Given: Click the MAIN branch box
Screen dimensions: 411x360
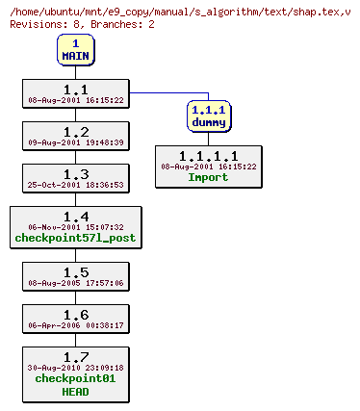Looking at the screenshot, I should click(x=75, y=49).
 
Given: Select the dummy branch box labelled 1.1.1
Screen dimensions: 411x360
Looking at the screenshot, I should click(x=208, y=115).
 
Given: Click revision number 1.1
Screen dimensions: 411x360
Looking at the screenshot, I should click(x=75, y=89).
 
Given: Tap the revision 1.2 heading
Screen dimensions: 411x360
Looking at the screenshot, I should click(x=75, y=131).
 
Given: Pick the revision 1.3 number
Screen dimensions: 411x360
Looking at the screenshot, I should click(x=75, y=173).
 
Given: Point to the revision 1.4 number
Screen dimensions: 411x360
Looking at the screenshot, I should click(x=75, y=216).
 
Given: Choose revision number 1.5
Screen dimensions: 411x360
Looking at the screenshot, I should click(x=75, y=271).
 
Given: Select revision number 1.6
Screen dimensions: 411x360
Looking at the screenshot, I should click(x=75, y=314).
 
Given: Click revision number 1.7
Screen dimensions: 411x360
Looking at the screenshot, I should click(x=75, y=356).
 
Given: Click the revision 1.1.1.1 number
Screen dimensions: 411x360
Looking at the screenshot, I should click(x=208, y=156).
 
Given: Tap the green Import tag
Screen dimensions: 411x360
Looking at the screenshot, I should click(x=208, y=177).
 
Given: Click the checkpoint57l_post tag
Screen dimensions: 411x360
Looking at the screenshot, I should click(x=75, y=238).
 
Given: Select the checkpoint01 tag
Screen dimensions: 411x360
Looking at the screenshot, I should click(x=75, y=378).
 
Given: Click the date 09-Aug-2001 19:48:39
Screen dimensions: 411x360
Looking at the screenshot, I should click(x=75, y=142).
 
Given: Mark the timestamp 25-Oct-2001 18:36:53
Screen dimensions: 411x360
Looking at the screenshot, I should click(x=75, y=185).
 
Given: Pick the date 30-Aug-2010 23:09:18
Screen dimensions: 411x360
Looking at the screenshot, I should click(x=75, y=368).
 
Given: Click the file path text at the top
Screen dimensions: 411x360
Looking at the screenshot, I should click(x=180, y=10).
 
